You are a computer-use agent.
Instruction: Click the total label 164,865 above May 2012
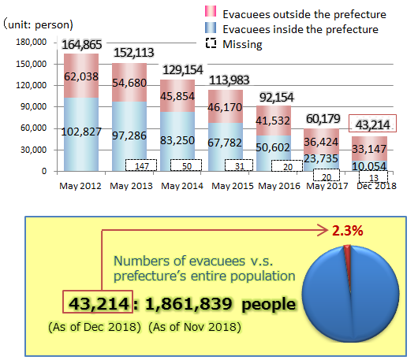(x=77, y=44)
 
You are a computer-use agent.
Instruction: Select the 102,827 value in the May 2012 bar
(x=77, y=130)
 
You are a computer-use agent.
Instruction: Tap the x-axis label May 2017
(x=327, y=186)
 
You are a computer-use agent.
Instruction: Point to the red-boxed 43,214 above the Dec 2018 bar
(x=375, y=124)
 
